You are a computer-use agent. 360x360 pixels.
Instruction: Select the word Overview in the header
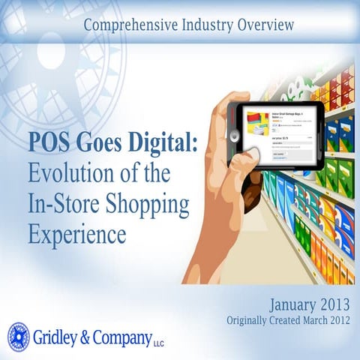pyautogui.click(x=262, y=25)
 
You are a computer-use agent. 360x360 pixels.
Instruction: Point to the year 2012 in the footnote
pyautogui.click(x=340, y=320)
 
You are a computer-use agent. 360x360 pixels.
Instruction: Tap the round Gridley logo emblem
pyautogui.click(x=18, y=336)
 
